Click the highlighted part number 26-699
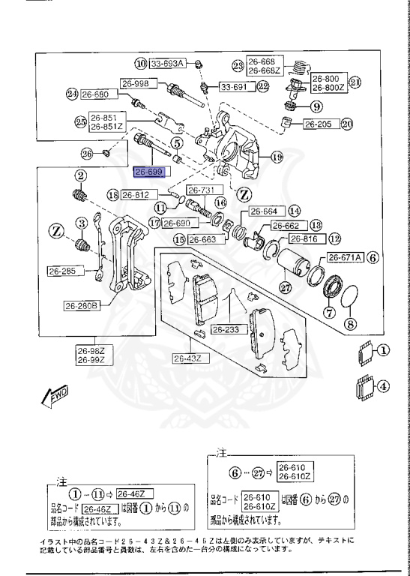[149, 172]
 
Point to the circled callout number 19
[277, 157]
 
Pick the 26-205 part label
[319, 124]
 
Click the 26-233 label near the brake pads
[225, 329]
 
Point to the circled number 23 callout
[238, 66]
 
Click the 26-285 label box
[64, 271]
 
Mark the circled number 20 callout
[347, 124]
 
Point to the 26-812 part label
[137, 195]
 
